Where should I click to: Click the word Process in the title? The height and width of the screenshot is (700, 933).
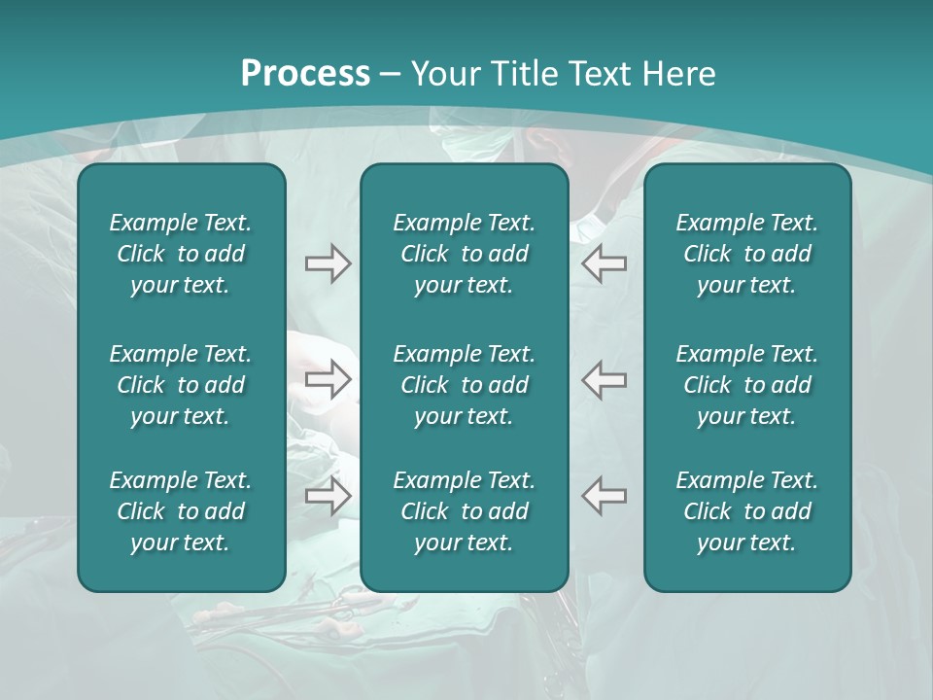[x=305, y=74]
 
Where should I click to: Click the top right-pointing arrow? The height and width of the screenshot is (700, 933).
[x=328, y=263]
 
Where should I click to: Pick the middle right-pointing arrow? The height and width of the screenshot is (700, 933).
[x=328, y=379]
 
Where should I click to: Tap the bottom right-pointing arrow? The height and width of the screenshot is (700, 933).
[x=328, y=495]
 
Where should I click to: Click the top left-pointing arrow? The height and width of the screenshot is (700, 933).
[x=604, y=263]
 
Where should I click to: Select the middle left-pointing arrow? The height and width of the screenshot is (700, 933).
[x=604, y=379]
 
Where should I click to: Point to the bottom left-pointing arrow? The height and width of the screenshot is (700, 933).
[x=604, y=495]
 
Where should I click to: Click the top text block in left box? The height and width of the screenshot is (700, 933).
[x=181, y=254]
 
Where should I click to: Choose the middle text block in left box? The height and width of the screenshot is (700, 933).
[x=181, y=385]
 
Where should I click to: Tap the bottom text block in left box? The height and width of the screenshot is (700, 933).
[x=181, y=511]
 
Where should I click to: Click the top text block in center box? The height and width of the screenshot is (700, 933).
[x=464, y=254]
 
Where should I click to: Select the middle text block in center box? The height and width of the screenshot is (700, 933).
[x=464, y=385]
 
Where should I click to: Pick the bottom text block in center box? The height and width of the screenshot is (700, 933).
[x=464, y=511]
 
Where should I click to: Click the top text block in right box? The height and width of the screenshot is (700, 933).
[x=747, y=254]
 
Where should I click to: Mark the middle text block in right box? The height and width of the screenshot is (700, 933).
[x=747, y=385]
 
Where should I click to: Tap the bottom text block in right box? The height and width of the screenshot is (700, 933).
[x=747, y=511]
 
